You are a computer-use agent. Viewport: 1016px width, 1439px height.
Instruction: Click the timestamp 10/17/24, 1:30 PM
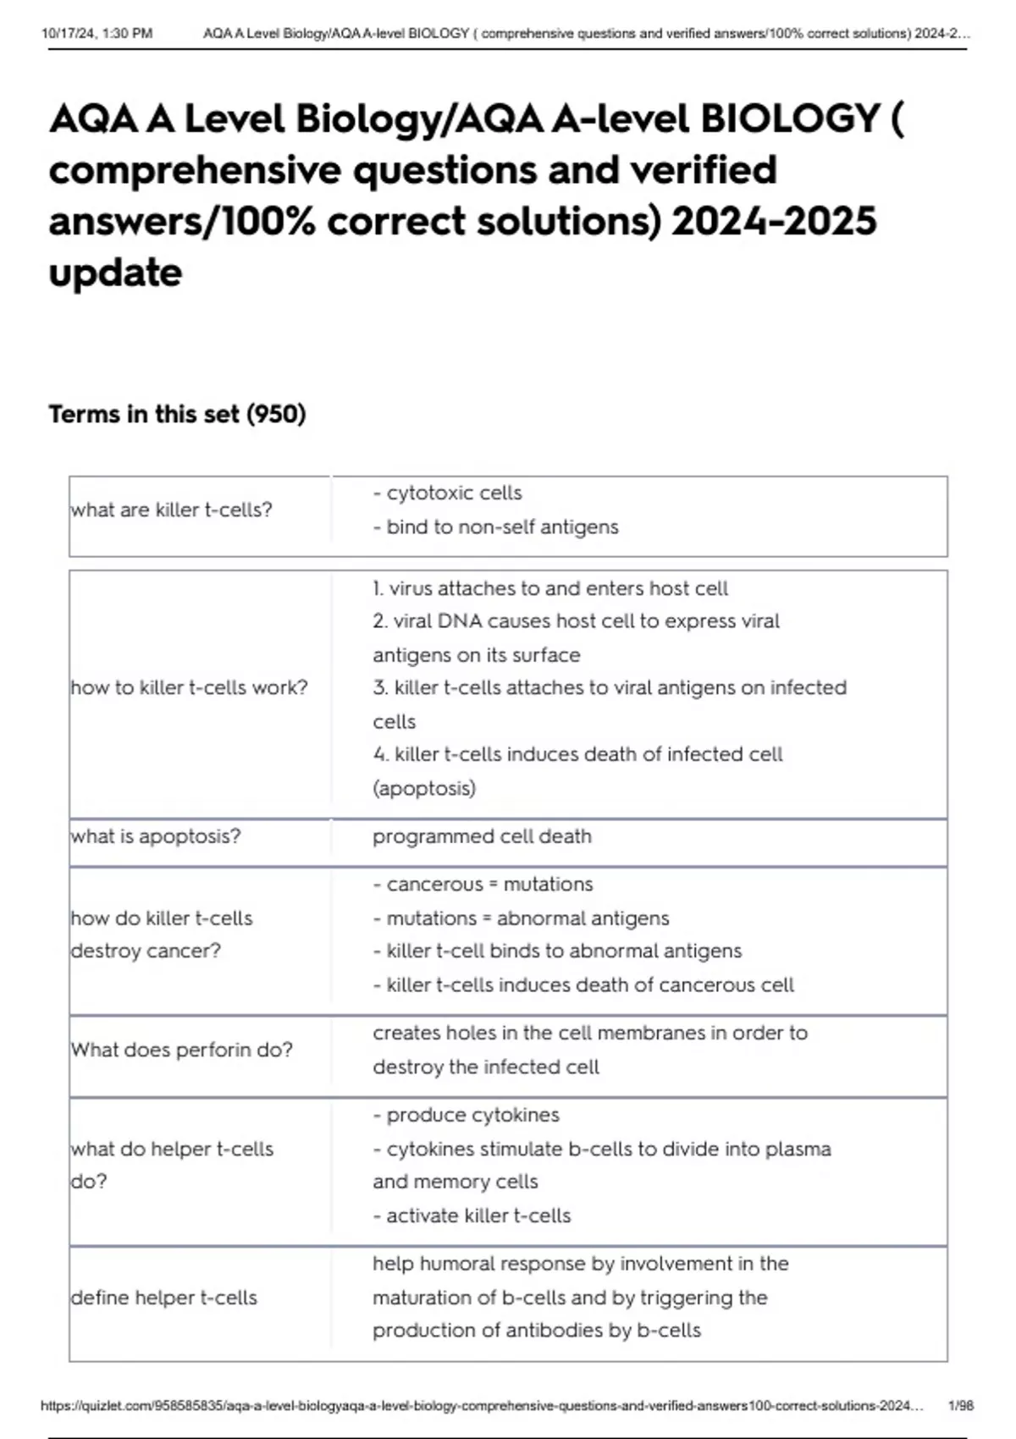(97, 34)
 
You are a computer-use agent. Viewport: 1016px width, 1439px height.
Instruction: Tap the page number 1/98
(961, 1405)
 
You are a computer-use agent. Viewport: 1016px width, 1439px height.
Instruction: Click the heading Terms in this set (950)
(177, 414)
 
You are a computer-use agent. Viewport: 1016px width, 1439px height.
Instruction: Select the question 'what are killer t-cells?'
(171, 510)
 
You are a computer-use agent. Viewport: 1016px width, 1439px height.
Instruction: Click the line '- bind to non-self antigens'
(495, 527)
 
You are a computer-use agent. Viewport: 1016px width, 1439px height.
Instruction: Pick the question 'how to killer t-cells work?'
(189, 687)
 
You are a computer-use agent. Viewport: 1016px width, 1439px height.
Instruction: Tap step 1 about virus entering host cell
(549, 588)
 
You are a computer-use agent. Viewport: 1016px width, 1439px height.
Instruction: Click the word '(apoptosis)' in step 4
(423, 788)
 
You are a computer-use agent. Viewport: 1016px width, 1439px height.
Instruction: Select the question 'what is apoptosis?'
(156, 836)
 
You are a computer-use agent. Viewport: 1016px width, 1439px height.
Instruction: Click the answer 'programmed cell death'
(482, 836)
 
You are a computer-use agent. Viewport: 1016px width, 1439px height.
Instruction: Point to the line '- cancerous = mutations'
(483, 884)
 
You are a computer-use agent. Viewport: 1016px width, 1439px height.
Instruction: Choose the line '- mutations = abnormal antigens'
(521, 918)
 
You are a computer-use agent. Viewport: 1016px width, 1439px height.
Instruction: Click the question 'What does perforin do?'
(181, 1050)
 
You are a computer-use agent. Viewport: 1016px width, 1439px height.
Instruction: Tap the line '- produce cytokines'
(466, 1115)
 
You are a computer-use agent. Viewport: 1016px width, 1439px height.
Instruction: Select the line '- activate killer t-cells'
(472, 1216)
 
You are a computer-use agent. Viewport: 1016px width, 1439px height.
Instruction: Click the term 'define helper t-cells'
(163, 1298)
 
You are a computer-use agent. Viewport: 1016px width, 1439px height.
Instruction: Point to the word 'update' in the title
(115, 273)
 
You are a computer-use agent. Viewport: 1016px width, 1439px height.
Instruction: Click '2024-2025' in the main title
(774, 221)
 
